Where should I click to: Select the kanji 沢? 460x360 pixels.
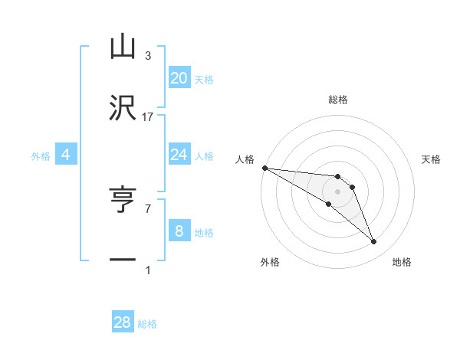[123, 107]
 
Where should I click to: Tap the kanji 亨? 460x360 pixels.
[123, 201]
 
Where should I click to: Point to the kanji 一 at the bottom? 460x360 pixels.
[123, 260]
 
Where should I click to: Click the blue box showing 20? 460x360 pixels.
[179, 78]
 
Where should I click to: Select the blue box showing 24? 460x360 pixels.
[179, 155]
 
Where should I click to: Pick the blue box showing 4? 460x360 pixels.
[66, 155]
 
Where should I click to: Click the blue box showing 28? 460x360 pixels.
[123, 322]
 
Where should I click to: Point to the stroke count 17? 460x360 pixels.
[148, 117]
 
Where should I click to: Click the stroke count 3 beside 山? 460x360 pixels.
[148, 56]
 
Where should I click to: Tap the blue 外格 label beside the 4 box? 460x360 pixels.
[41, 156]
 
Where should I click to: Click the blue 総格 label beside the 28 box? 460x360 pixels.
[147, 324]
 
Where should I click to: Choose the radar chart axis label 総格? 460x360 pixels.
[338, 100]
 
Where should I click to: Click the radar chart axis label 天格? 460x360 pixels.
[432, 159]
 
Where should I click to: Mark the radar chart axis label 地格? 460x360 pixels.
[402, 262]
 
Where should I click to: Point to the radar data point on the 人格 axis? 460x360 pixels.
[264, 168]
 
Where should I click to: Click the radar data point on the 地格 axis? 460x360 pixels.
[373, 242]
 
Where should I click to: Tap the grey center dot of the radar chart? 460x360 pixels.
[338, 191]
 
